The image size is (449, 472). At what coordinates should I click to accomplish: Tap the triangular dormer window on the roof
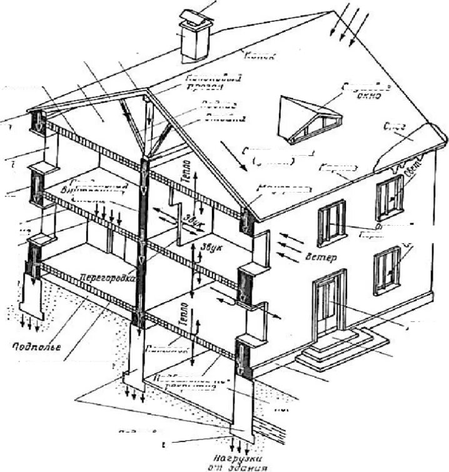[x=310, y=119]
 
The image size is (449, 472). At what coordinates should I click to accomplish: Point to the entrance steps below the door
[x=338, y=349]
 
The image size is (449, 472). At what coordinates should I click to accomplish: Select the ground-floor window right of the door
[x=387, y=270]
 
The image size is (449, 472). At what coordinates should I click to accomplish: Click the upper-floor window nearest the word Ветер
[x=332, y=223]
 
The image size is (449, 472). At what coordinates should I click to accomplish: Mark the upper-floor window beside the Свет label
[x=390, y=196]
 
